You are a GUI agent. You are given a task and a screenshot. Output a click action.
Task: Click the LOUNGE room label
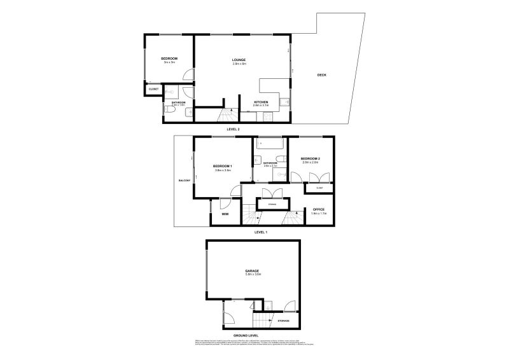click(239, 60)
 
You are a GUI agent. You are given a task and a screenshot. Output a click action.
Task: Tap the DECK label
click(322, 75)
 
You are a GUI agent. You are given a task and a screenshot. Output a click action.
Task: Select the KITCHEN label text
click(261, 102)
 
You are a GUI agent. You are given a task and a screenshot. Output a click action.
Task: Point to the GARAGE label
click(253, 271)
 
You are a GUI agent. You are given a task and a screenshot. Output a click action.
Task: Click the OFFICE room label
click(319, 209)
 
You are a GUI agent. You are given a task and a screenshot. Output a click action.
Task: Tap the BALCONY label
click(185, 181)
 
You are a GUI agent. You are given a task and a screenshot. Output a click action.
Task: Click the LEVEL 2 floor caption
click(233, 129)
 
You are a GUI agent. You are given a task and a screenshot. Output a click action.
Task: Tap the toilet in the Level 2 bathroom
click(169, 111)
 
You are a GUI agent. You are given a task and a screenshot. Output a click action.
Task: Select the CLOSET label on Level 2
click(153, 89)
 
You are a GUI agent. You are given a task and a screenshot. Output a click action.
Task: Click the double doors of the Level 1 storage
click(272, 195)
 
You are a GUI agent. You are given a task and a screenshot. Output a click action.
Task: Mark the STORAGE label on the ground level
click(283, 321)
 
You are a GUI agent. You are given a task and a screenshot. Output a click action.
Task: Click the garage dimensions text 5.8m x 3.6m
click(253, 275)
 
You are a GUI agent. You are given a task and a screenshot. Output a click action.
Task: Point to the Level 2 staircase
click(225, 116)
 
